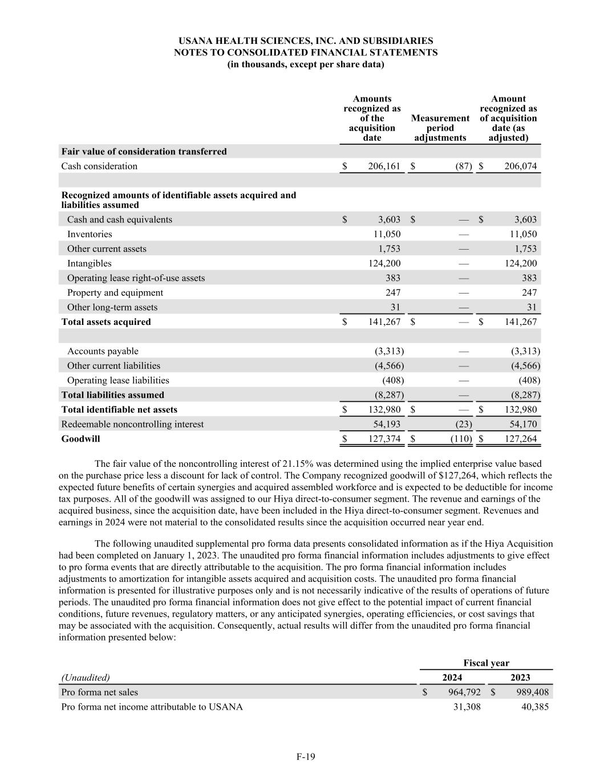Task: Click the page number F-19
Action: (306, 757)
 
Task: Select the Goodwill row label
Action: (80, 439)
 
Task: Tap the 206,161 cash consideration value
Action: (381, 166)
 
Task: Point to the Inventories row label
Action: (90, 234)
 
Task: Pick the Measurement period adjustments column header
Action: (440, 128)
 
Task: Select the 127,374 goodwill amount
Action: (381, 439)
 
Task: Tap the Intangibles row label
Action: (90, 263)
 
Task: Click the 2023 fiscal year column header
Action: (520, 678)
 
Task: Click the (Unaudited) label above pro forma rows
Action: (86, 678)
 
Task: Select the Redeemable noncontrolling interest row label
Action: (132, 425)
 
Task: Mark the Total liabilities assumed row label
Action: (112, 395)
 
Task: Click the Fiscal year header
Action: (486, 663)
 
